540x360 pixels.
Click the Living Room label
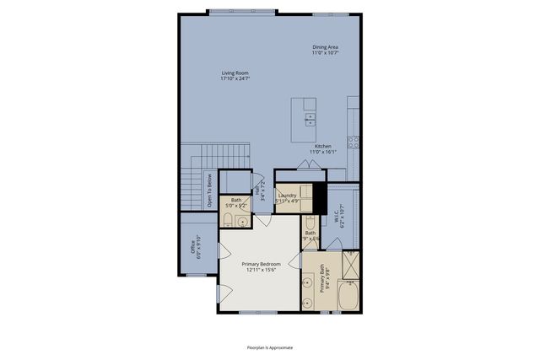[x=235, y=73]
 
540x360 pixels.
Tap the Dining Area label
[x=325, y=47]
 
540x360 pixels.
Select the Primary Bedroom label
[x=258, y=264]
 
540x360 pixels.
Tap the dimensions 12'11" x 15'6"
[x=258, y=270]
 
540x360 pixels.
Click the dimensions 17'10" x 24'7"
[x=235, y=78]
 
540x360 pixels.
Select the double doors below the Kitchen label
[x=305, y=164]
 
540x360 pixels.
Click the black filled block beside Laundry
[x=319, y=199]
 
